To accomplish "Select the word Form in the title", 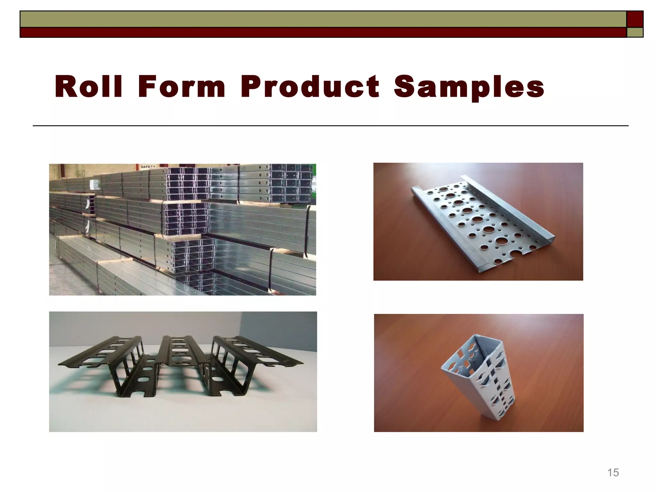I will tap(182, 86).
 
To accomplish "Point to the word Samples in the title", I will tap(469, 87).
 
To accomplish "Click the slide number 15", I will tap(613, 472).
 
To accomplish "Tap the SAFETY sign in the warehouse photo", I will tap(148, 167).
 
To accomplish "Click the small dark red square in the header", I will tap(635, 19).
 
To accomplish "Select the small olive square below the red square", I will tap(635, 32).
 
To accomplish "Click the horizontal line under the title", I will tap(330, 126).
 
